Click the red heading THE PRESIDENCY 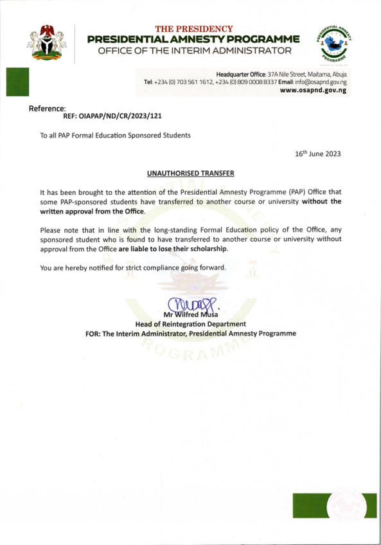(194, 29)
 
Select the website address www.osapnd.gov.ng (314, 91)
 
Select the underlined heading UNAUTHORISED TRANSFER (190, 174)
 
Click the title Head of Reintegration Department (191, 324)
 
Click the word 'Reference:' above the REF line (48, 109)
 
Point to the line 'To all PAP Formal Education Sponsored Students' (115, 136)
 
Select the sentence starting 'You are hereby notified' (133, 267)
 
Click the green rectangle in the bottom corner (309, 505)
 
